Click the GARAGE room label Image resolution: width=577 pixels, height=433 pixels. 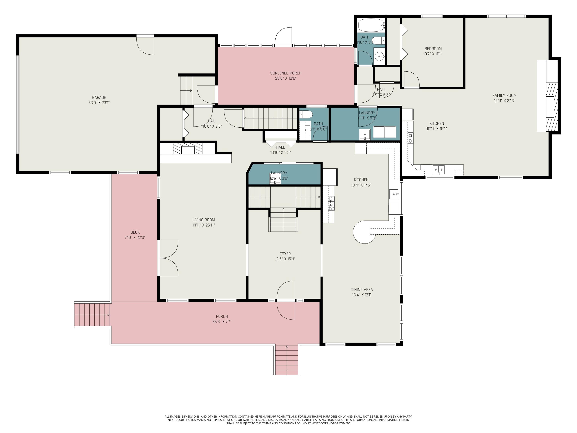99,97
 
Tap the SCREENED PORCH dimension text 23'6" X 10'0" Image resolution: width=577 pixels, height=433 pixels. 286,78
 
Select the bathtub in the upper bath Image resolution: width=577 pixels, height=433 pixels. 371,25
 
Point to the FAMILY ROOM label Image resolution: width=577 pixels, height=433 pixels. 504,95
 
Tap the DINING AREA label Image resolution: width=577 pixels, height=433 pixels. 362,289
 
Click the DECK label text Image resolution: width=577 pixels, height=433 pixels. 135,232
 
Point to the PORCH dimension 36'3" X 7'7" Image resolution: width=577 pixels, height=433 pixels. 222,322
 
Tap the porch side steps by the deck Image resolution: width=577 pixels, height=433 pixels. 92,315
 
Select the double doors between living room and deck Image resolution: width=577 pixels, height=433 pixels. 169,258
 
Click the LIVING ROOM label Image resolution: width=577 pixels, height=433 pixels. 203,220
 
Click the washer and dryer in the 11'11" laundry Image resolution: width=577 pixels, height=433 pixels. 384,132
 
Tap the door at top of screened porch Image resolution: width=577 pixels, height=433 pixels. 283,37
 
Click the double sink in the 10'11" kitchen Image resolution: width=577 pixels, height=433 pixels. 439,170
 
